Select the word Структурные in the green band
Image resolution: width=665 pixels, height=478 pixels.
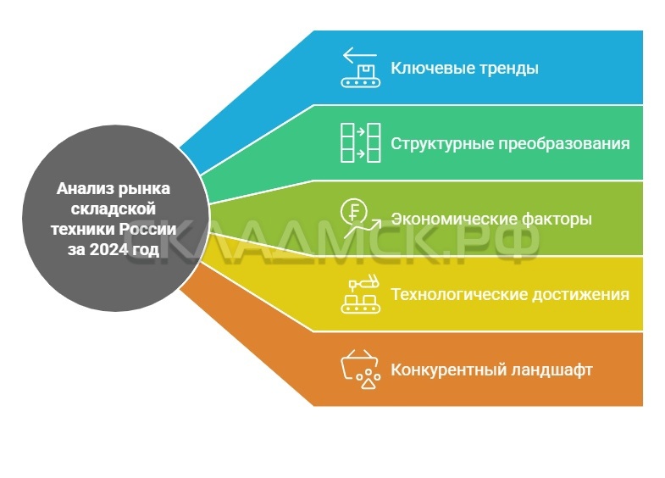click(435, 143)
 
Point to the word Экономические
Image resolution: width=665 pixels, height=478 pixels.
click(446, 219)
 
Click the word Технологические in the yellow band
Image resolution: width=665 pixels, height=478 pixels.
click(451, 295)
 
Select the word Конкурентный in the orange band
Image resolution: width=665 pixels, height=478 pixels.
click(437, 370)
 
